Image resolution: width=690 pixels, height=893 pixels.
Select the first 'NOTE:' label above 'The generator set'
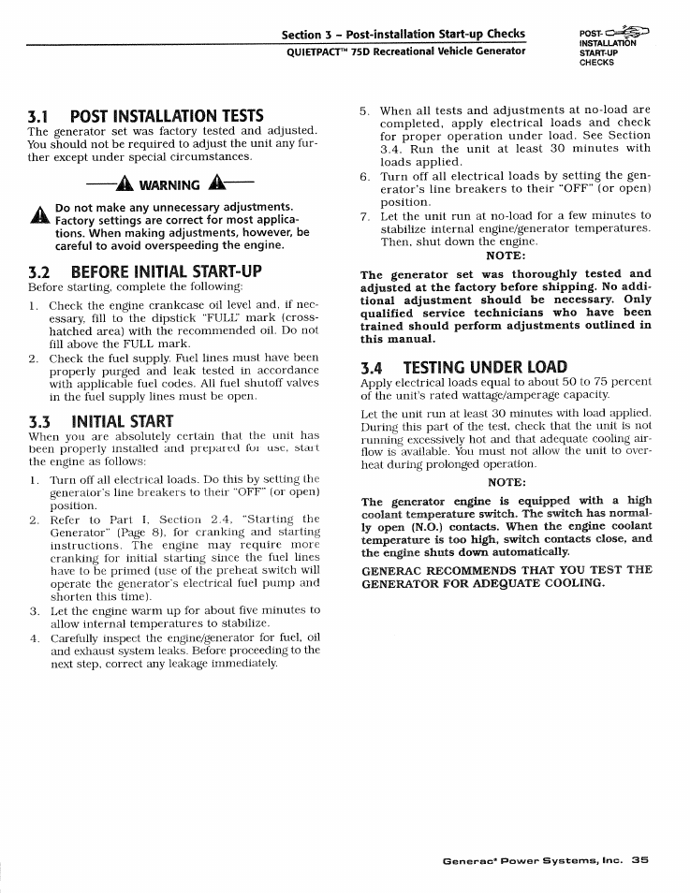click(506, 256)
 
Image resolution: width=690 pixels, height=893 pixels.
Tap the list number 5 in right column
click(365, 110)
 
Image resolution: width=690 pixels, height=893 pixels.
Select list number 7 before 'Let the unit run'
click(365, 215)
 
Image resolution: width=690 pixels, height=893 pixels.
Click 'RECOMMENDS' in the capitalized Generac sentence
click(462, 569)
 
